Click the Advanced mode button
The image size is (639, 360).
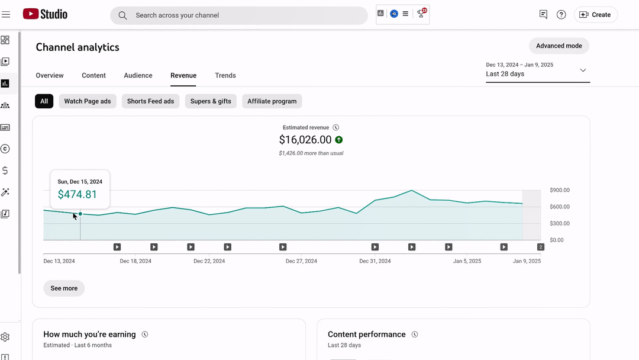tap(559, 46)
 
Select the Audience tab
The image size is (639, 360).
tap(138, 75)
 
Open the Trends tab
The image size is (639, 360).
tap(225, 75)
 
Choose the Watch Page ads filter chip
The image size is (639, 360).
tap(87, 101)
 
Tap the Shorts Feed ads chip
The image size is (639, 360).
tap(150, 101)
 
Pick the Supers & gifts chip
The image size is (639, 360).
tap(211, 101)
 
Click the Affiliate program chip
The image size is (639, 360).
tap(272, 101)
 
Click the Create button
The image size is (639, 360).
tap(595, 15)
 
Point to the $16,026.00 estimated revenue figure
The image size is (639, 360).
tap(305, 140)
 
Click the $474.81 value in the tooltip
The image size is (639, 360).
tap(78, 194)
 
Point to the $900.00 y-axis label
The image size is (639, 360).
tap(560, 190)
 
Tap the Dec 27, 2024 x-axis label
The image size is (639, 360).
tap(301, 261)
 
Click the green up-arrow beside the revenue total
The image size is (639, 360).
tap(338, 140)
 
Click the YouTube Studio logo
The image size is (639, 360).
tap(45, 14)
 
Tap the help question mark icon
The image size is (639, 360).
tap(561, 15)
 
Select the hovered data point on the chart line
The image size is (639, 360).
tap(80, 214)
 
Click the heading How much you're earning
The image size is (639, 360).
tap(90, 335)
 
